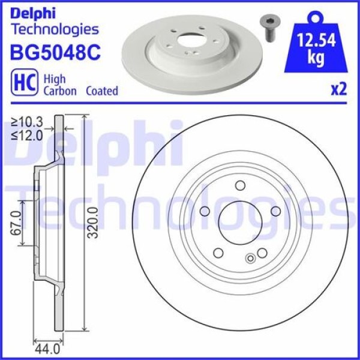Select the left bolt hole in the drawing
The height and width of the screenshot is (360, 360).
(204, 211)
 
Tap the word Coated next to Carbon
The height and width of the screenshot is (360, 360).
(102, 91)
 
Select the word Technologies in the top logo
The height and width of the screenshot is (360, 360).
(55, 28)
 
